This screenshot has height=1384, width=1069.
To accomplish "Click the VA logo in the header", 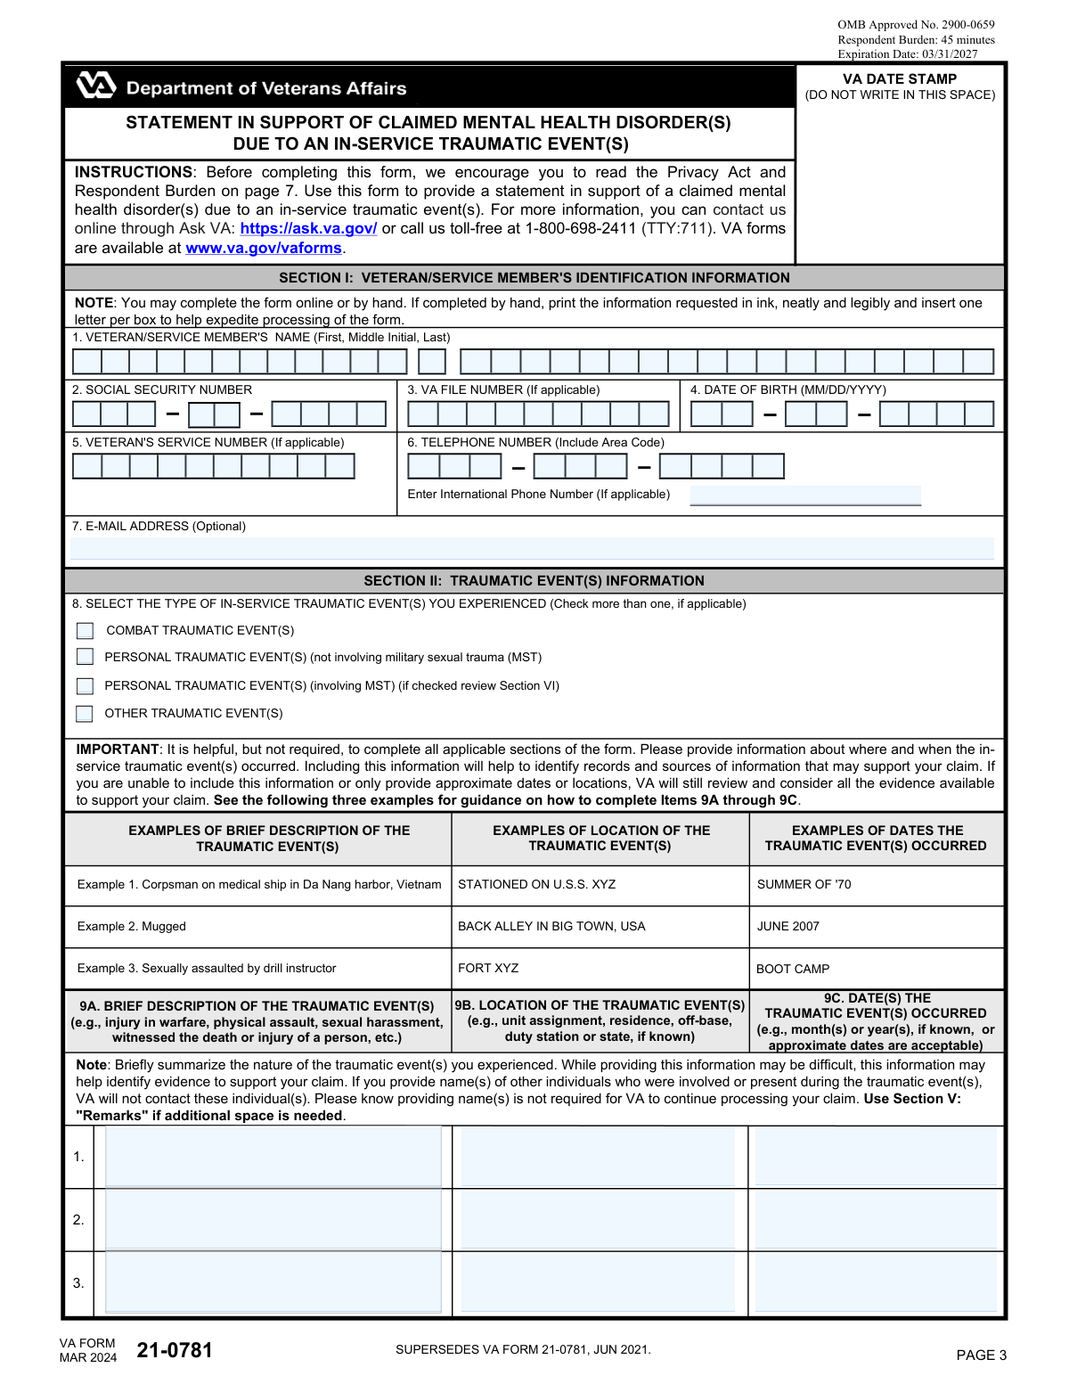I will point(95,86).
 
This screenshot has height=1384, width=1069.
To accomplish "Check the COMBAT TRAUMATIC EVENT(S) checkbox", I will point(85,631).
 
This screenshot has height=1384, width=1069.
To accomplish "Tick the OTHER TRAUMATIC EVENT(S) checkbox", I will point(85,714).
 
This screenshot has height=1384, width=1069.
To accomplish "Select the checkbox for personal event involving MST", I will point(85,686).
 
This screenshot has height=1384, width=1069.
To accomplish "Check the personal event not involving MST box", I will point(85,657).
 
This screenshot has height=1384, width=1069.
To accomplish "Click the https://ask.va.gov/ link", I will point(308,229).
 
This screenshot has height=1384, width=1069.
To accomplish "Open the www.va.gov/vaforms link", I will point(264,249).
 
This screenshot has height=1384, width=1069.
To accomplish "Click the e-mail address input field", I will point(532,548).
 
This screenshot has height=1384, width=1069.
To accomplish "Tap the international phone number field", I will point(805,495).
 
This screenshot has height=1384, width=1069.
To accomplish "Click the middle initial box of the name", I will point(432,362).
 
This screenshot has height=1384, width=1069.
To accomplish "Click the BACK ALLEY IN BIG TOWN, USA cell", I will point(551,927).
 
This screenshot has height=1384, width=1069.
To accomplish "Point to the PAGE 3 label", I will point(981,1355).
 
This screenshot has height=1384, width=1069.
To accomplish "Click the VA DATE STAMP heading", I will point(900,79).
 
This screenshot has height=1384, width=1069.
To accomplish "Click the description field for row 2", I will point(273,1220).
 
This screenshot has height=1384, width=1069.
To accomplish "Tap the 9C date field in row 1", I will point(876,1157).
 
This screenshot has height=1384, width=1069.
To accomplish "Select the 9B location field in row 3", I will point(598,1283).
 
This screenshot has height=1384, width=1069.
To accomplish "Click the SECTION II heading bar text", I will point(534,581).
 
